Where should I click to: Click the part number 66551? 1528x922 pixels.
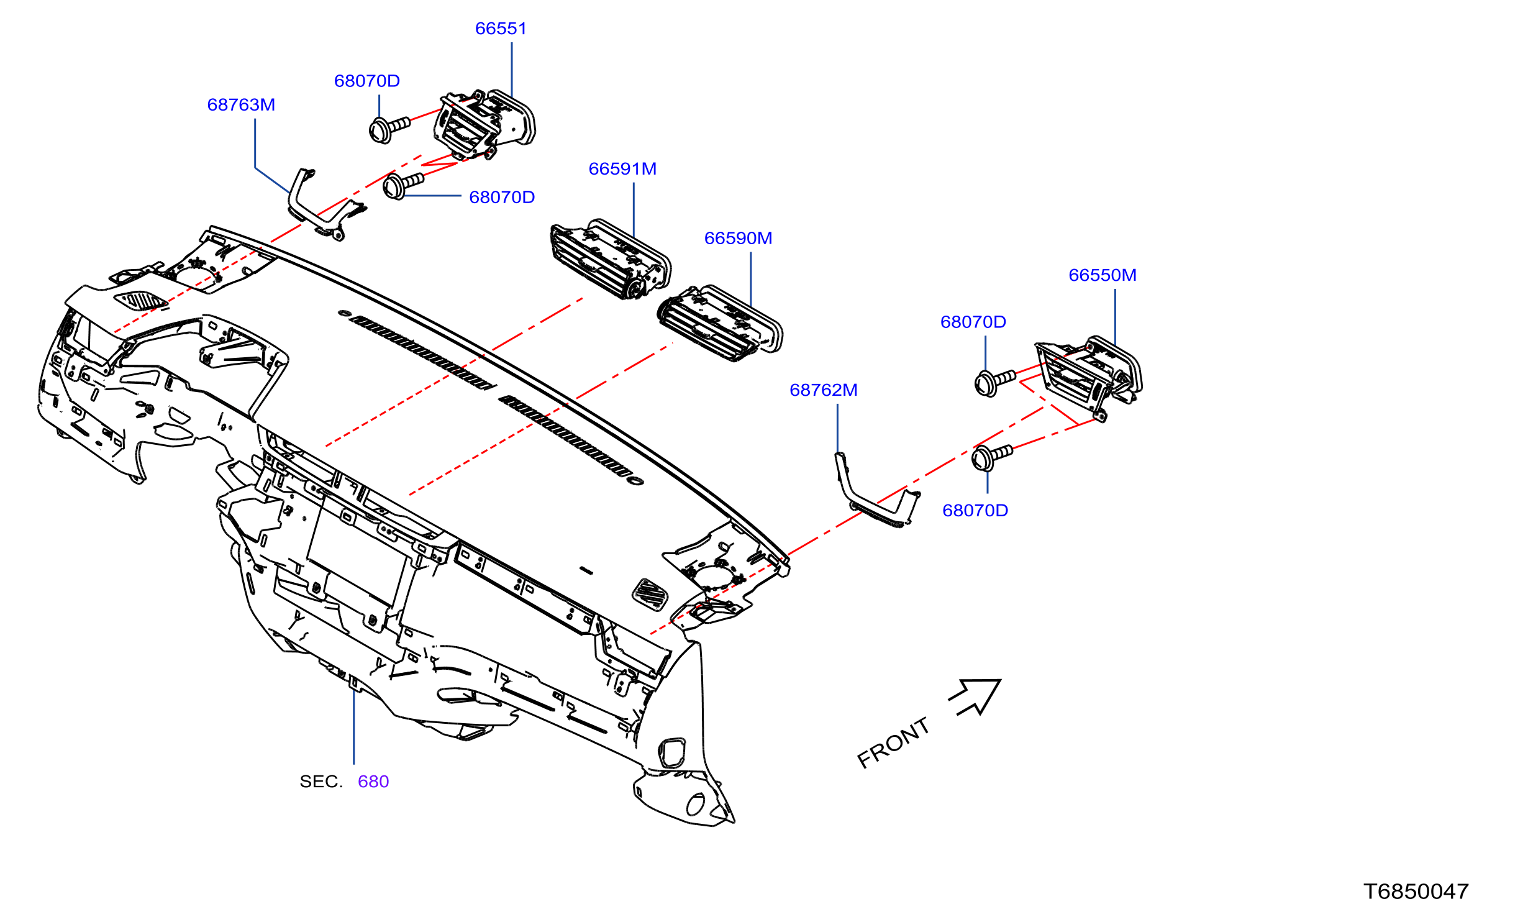[501, 29]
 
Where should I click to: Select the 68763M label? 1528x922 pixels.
[241, 105]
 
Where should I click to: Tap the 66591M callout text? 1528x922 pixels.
[622, 169]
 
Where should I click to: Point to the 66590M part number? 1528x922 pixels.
[738, 239]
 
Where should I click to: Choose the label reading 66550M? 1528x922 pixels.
[1103, 275]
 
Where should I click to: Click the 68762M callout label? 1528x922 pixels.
[824, 390]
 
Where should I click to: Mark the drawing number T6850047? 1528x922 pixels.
[1416, 892]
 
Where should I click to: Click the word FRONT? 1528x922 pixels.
[893, 743]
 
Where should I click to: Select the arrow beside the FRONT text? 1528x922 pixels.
[976, 697]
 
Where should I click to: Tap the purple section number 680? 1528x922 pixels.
[373, 782]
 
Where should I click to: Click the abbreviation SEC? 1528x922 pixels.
[321, 782]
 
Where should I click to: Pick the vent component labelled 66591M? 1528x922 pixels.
[611, 260]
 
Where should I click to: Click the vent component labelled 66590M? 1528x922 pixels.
[720, 323]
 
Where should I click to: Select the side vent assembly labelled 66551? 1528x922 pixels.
[484, 124]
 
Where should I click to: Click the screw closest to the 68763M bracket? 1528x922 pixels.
[402, 185]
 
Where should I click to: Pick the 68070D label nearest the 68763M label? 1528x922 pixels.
[367, 81]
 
